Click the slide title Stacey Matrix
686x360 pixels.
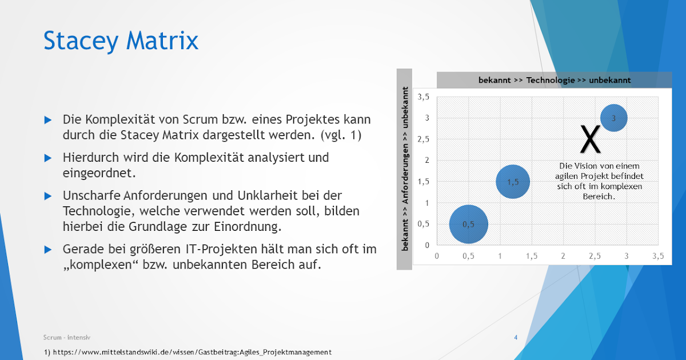tap(121, 41)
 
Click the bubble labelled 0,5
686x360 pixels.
tap(468, 224)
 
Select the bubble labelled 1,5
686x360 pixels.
tap(513, 182)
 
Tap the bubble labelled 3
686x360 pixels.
tap(613, 118)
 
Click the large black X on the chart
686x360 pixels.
tap(591, 139)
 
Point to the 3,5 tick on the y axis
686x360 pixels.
tap(423, 97)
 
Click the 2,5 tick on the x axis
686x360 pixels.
tap(595, 257)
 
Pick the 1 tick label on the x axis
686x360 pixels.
tap(500, 257)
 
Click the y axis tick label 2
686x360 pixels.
tap(426, 161)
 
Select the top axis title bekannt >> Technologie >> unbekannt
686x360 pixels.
tap(555, 80)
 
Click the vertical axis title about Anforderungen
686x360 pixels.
tap(405, 169)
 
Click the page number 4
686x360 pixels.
tap(516, 338)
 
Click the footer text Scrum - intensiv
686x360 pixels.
tap(67, 338)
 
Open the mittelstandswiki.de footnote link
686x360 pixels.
tap(192, 352)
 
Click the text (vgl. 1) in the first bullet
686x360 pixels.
tap(341, 135)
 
